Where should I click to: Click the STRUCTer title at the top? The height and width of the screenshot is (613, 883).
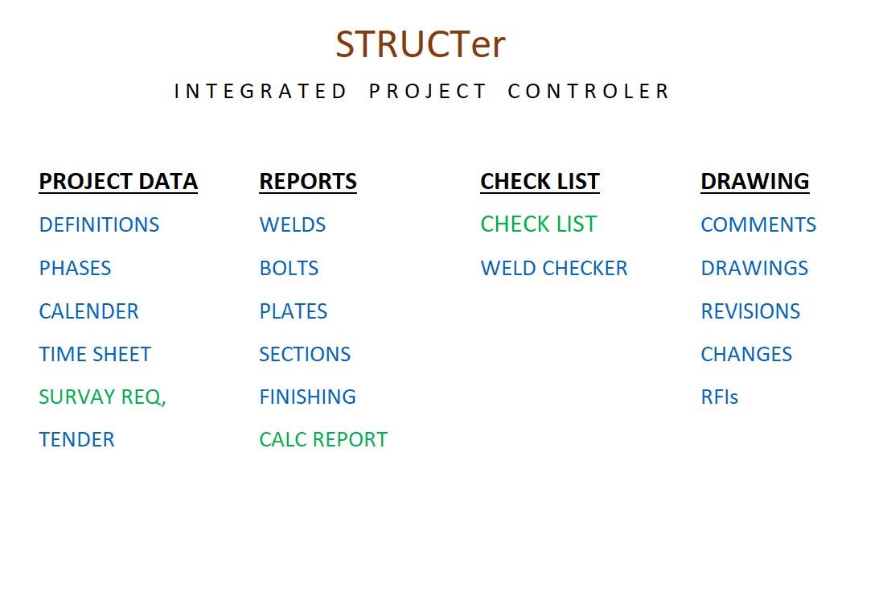(x=420, y=44)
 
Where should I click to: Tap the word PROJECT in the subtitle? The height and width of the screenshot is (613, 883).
(x=427, y=91)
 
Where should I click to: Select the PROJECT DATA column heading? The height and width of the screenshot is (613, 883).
(x=118, y=182)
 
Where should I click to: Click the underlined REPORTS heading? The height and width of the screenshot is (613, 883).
(x=308, y=182)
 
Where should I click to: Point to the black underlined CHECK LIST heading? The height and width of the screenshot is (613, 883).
(x=540, y=182)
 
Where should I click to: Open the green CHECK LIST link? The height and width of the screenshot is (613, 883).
(x=538, y=224)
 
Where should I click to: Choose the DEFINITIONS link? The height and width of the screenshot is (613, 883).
(x=99, y=224)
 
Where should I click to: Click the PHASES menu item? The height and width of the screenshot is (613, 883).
(x=75, y=268)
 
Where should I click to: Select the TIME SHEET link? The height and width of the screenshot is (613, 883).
(x=95, y=355)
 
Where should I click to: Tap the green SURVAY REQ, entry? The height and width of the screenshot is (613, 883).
(x=102, y=397)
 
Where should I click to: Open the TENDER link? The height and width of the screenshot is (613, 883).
(x=76, y=439)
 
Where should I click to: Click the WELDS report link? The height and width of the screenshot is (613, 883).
(x=292, y=224)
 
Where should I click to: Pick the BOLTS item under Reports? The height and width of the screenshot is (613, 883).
(x=289, y=268)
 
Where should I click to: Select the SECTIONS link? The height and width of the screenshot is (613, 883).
(x=305, y=355)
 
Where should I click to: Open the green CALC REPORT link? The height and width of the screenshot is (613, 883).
(x=323, y=439)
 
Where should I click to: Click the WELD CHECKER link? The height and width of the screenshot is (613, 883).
(x=554, y=268)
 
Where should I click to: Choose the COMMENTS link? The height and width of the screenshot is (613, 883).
(x=758, y=224)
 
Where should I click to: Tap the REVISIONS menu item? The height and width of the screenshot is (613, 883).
(x=750, y=311)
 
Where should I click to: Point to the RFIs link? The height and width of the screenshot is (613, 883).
(x=720, y=397)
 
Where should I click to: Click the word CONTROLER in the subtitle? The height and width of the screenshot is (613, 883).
(x=589, y=91)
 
